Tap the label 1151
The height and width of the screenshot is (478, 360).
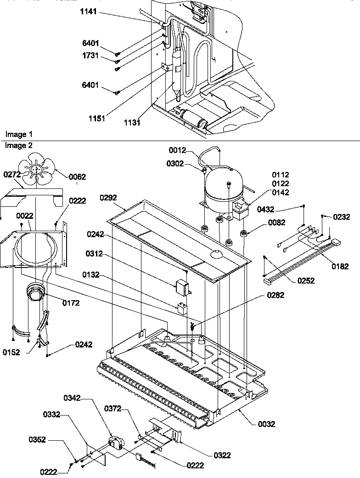97,119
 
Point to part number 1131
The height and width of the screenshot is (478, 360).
132,123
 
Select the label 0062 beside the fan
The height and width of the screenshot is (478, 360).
77,176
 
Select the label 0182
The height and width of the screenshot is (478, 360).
340,266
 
